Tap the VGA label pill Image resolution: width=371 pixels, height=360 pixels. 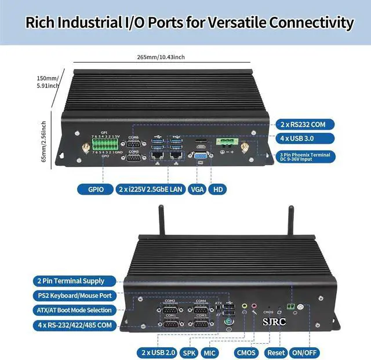coord(197,189)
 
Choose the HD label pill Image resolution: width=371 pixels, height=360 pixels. coord(219,189)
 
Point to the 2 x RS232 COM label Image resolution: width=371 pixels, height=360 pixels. coord(307,124)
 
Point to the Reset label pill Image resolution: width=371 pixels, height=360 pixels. coord(277,352)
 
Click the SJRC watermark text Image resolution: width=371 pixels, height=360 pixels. coord(274,320)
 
